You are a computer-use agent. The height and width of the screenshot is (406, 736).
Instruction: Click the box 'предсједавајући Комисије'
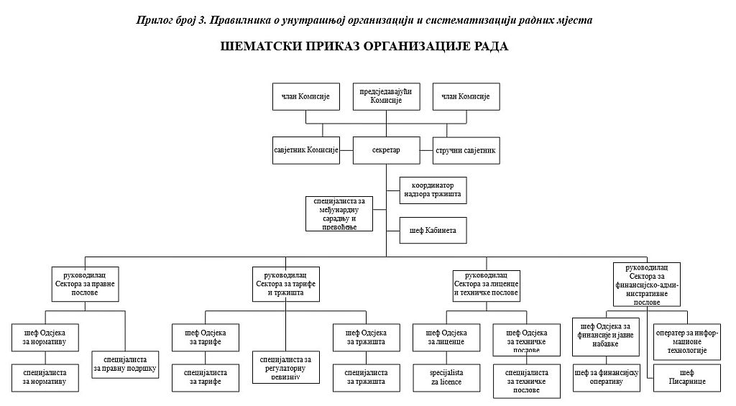click(x=386, y=96)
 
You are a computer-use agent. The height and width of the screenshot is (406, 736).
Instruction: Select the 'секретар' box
click(x=386, y=150)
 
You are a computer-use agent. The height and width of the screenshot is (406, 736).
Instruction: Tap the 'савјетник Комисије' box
click(x=306, y=150)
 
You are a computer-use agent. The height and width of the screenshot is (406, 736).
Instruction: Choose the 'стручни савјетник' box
click(x=466, y=150)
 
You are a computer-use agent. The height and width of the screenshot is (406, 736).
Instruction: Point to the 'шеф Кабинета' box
click(x=433, y=230)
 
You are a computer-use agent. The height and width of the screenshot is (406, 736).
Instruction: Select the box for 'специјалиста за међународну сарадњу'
click(x=339, y=213)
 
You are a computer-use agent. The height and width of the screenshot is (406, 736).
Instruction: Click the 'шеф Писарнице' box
click(x=686, y=378)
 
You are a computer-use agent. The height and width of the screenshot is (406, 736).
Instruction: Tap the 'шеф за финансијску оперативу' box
click(x=607, y=378)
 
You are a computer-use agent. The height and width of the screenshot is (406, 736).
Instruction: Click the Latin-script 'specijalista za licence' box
click(x=446, y=377)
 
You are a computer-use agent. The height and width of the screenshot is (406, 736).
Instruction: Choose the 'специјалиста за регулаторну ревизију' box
click(x=285, y=367)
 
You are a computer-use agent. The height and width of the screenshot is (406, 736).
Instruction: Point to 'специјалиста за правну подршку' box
click(x=125, y=363)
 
